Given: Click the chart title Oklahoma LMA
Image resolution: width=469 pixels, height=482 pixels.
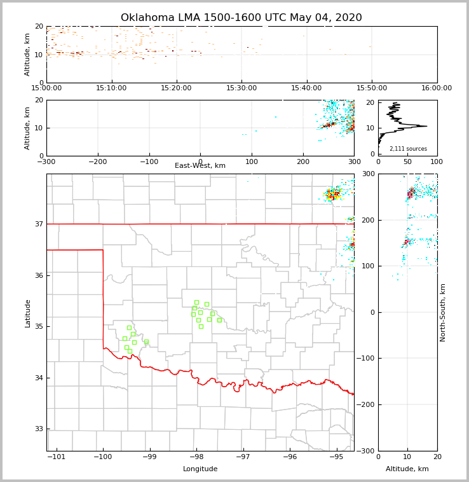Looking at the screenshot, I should pyautogui.click(x=241, y=18).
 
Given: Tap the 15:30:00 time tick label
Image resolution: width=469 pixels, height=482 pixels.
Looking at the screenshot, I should pyautogui.click(x=241, y=88).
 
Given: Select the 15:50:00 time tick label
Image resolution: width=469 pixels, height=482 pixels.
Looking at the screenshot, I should pyautogui.click(x=372, y=88).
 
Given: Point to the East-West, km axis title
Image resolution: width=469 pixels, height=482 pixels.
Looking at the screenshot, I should pyautogui.click(x=200, y=166).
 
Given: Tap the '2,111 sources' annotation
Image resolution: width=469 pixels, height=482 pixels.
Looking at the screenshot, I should pyautogui.click(x=408, y=149).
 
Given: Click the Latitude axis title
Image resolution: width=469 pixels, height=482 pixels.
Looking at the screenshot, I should pyautogui.click(x=27, y=313).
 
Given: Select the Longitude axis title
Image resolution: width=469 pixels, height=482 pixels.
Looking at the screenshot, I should pyautogui.click(x=200, y=469).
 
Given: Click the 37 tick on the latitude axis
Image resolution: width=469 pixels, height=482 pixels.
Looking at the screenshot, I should pyautogui.click(x=38, y=224).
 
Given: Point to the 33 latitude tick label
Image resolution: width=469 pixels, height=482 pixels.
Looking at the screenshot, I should pyautogui.click(x=38, y=429).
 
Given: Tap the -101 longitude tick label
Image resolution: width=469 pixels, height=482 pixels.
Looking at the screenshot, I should pyautogui.click(x=57, y=457).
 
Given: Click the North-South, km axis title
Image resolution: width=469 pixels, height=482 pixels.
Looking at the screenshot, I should pyautogui.click(x=443, y=312).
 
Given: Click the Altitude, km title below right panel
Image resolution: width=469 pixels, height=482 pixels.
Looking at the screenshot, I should pyautogui.click(x=407, y=469).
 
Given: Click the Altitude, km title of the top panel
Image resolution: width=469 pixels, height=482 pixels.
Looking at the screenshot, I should pyautogui.click(x=27, y=55).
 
